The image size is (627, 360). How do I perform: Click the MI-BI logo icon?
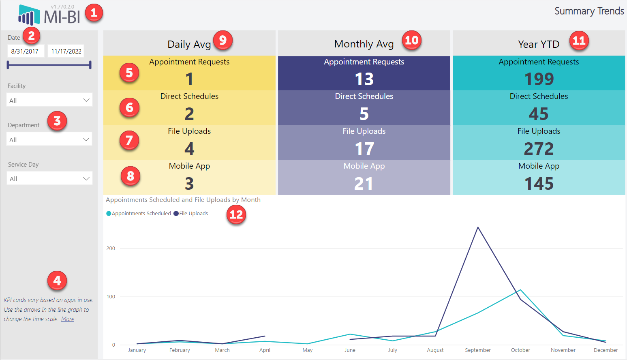(x=29, y=15)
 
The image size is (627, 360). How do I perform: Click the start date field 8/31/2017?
(x=25, y=51)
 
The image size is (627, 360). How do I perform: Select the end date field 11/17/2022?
(x=66, y=51)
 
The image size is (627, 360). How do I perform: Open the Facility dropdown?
(x=49, y=100)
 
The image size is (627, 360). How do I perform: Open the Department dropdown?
(x=49, y=139)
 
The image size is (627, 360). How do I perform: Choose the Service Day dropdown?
(x=49, y=179)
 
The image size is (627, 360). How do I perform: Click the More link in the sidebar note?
(x=68, y=319)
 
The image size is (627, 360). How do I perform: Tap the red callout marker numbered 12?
(x=236, y=214)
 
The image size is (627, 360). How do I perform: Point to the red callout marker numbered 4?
(x=57, y=281)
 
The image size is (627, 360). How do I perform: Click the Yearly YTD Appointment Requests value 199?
(x=539, y=79)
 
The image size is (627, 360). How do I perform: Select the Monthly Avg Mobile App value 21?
(x=364, y=184)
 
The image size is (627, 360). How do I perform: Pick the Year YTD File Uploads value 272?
(x=539, y=149)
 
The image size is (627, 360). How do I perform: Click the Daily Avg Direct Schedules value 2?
(x=189, y=114)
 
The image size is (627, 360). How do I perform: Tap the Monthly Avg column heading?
(x=364, y=44)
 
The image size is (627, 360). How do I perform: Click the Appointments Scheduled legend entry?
(x=139, y=214)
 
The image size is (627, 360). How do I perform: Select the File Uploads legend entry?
(x=191, y=214)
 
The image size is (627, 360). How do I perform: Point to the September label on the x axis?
(x=478, y=350)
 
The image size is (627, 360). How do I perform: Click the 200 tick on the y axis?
(x=111, y=249)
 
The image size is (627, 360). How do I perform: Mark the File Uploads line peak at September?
(x=478, y=227)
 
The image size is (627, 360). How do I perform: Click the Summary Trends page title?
(x=589, y=11)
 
